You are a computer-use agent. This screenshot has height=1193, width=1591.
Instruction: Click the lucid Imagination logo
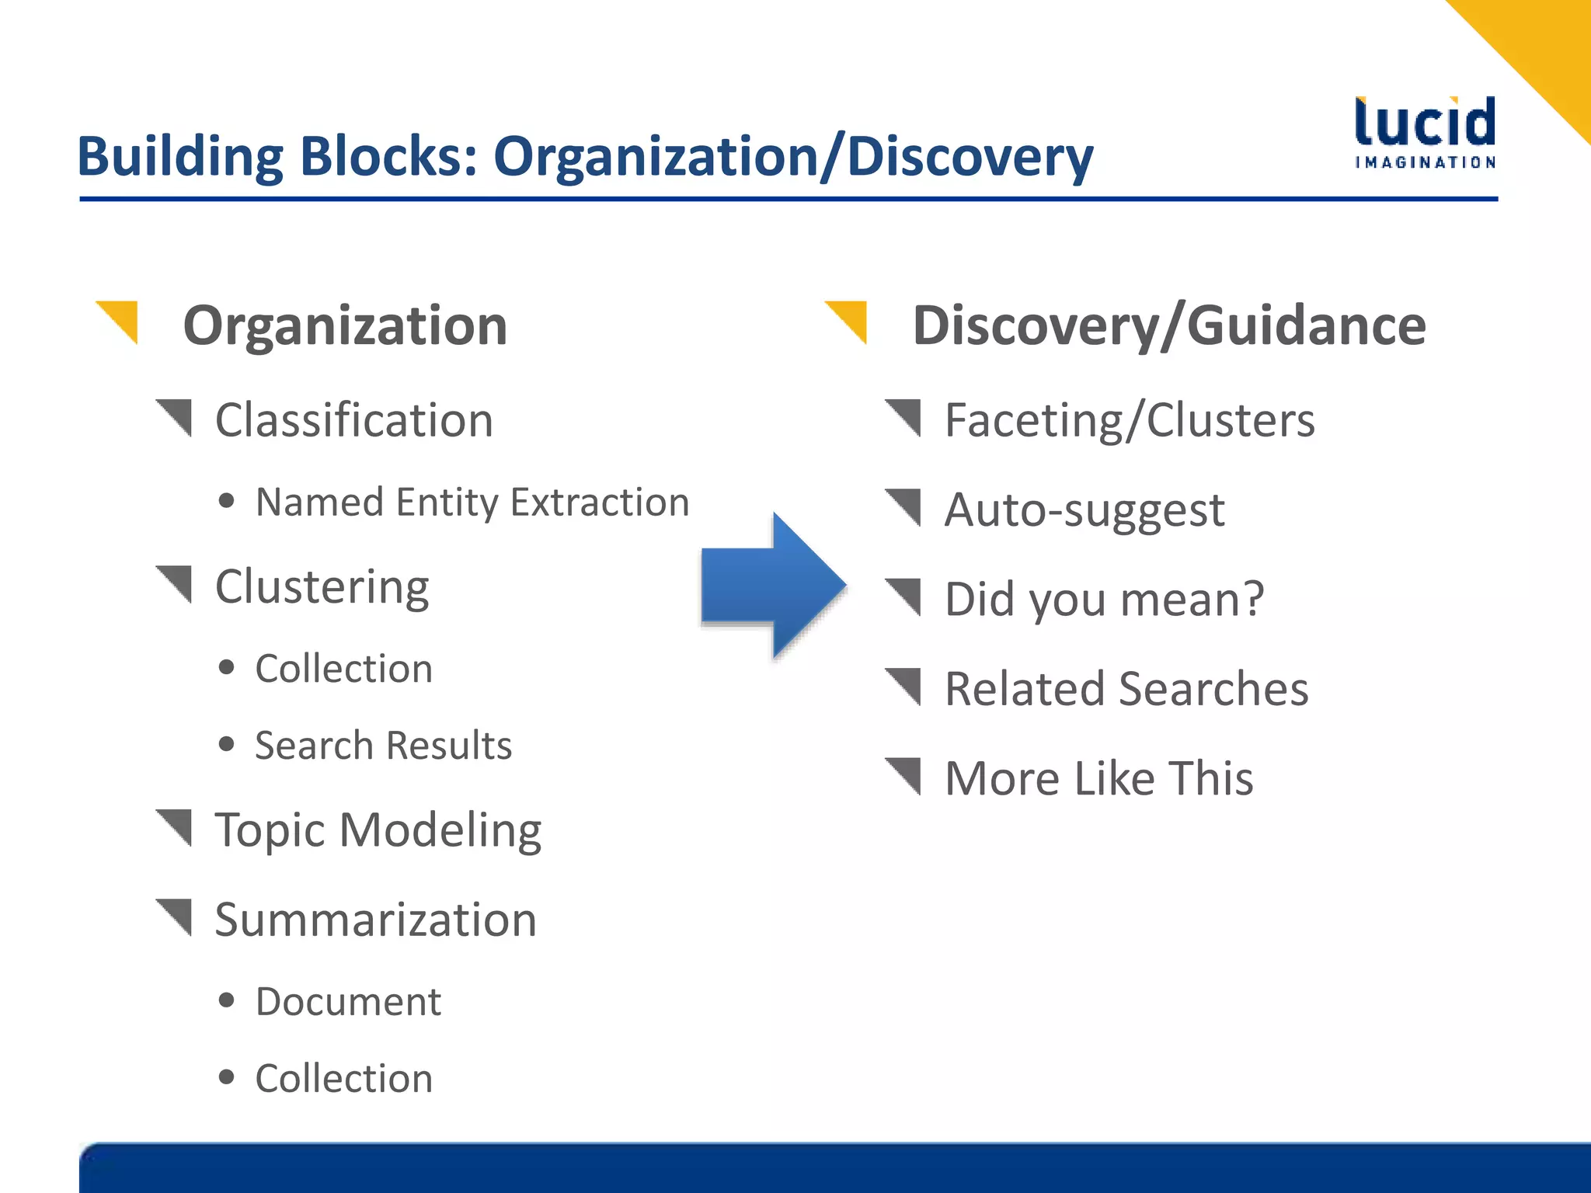pos(1425,132)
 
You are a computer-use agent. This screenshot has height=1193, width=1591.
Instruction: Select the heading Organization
pos(345,325)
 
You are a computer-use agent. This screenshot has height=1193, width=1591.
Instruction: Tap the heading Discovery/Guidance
pos(1168,325)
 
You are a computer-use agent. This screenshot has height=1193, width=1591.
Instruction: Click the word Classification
pos(354,420)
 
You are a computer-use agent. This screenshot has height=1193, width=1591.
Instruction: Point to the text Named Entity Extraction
pos(472,502)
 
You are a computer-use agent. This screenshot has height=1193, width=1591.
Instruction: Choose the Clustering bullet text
pos(322,586)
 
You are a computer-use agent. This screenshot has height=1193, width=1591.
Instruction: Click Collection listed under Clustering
pos(343,669)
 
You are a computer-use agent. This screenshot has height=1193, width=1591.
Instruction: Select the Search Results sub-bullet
pos(383,746)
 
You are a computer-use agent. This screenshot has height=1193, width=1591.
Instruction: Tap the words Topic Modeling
pos(378,830)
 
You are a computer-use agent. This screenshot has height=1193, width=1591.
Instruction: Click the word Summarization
pos(376,920)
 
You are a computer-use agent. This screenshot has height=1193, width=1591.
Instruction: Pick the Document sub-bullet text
pos(348,1001)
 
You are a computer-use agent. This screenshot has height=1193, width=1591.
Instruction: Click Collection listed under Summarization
pos(343,1078)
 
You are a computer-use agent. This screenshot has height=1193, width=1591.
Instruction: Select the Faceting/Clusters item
pos(1130,420)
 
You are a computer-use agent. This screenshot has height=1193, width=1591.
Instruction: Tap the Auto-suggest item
pos(1084,510)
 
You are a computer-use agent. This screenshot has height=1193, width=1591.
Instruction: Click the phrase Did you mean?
pos(1104,600)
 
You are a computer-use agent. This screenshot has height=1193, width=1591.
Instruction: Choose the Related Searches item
pos(1126,689)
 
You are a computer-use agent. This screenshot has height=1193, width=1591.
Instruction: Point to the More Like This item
pos(1098,778)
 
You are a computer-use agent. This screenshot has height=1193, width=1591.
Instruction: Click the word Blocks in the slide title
pos(388,156)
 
